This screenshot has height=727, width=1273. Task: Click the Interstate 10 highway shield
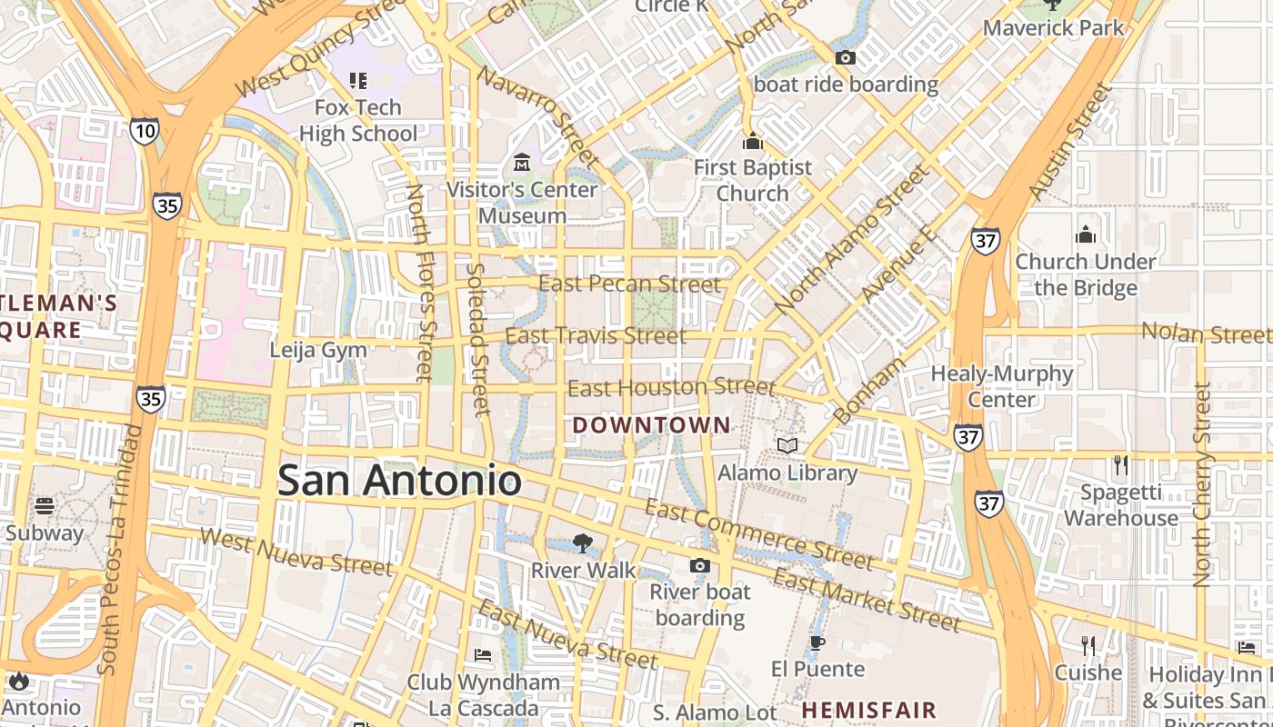point(144,131)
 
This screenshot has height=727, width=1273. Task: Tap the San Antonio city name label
point(399,480)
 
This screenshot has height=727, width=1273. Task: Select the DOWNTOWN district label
point(651,424)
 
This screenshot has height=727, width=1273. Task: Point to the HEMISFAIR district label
point(868,709)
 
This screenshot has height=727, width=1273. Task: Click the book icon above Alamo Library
point(787,446)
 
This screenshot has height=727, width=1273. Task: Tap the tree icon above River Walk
point(582,543)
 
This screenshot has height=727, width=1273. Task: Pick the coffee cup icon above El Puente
point(817,643)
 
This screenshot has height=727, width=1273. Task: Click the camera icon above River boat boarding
point(699,566)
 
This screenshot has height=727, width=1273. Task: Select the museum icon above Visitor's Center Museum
point(522,164)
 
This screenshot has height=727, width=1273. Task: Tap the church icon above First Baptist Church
point(752,142)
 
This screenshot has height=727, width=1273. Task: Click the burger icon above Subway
point(45,506)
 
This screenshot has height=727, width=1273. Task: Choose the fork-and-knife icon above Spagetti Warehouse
point(1121,465)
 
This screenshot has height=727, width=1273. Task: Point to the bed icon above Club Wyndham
point(483,655)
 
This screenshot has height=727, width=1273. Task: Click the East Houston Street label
point(671,388)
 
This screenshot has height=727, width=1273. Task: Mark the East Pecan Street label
point(629,284)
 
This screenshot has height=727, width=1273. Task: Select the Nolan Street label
point(1207,333)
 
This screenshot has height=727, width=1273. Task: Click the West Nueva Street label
point(296,552)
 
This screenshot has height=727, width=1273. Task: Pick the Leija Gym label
point(318,350)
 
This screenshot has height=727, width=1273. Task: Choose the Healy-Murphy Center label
point(1001,386)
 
